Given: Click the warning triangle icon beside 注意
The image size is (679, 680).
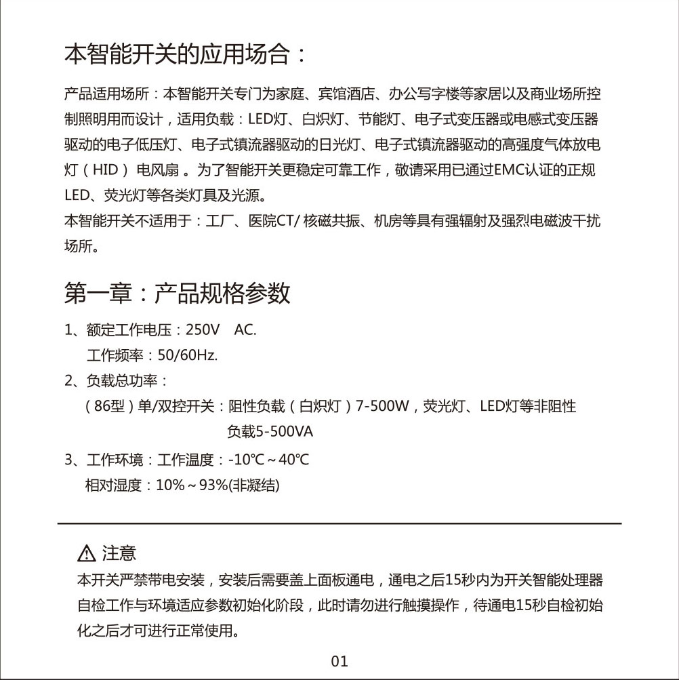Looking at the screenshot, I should pyautogui.click(x=87, y=555).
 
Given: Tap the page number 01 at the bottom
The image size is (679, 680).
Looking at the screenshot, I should pyautogui.click(x=339, y=661).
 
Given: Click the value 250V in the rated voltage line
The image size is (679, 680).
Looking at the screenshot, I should pyautogui.click(x=203, y=330).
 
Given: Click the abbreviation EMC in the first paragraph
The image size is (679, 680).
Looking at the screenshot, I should pyautogui.click(x=518, y=170).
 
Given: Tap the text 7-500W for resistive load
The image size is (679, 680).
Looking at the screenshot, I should pyautogui.click(x=383, y=407).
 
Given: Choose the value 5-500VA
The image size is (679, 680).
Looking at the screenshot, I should pyautogui.click(x=270, y=432).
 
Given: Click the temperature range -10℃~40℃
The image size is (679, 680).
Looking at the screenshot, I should pyautogui.click(x=269, y=460).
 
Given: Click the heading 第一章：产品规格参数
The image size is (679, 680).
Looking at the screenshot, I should pyautogui.click(x=178, y=294).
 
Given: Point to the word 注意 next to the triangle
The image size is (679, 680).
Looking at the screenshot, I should pyautogui.click(x=119, y=554).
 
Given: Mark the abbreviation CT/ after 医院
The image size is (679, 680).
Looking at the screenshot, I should pyautogui.click(x=289, y=221).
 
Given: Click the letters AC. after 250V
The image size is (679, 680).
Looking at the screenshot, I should pyautogui.click(x=245, y=330).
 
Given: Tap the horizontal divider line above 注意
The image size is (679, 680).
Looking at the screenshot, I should pyautogui.click(x=339, y=523).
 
